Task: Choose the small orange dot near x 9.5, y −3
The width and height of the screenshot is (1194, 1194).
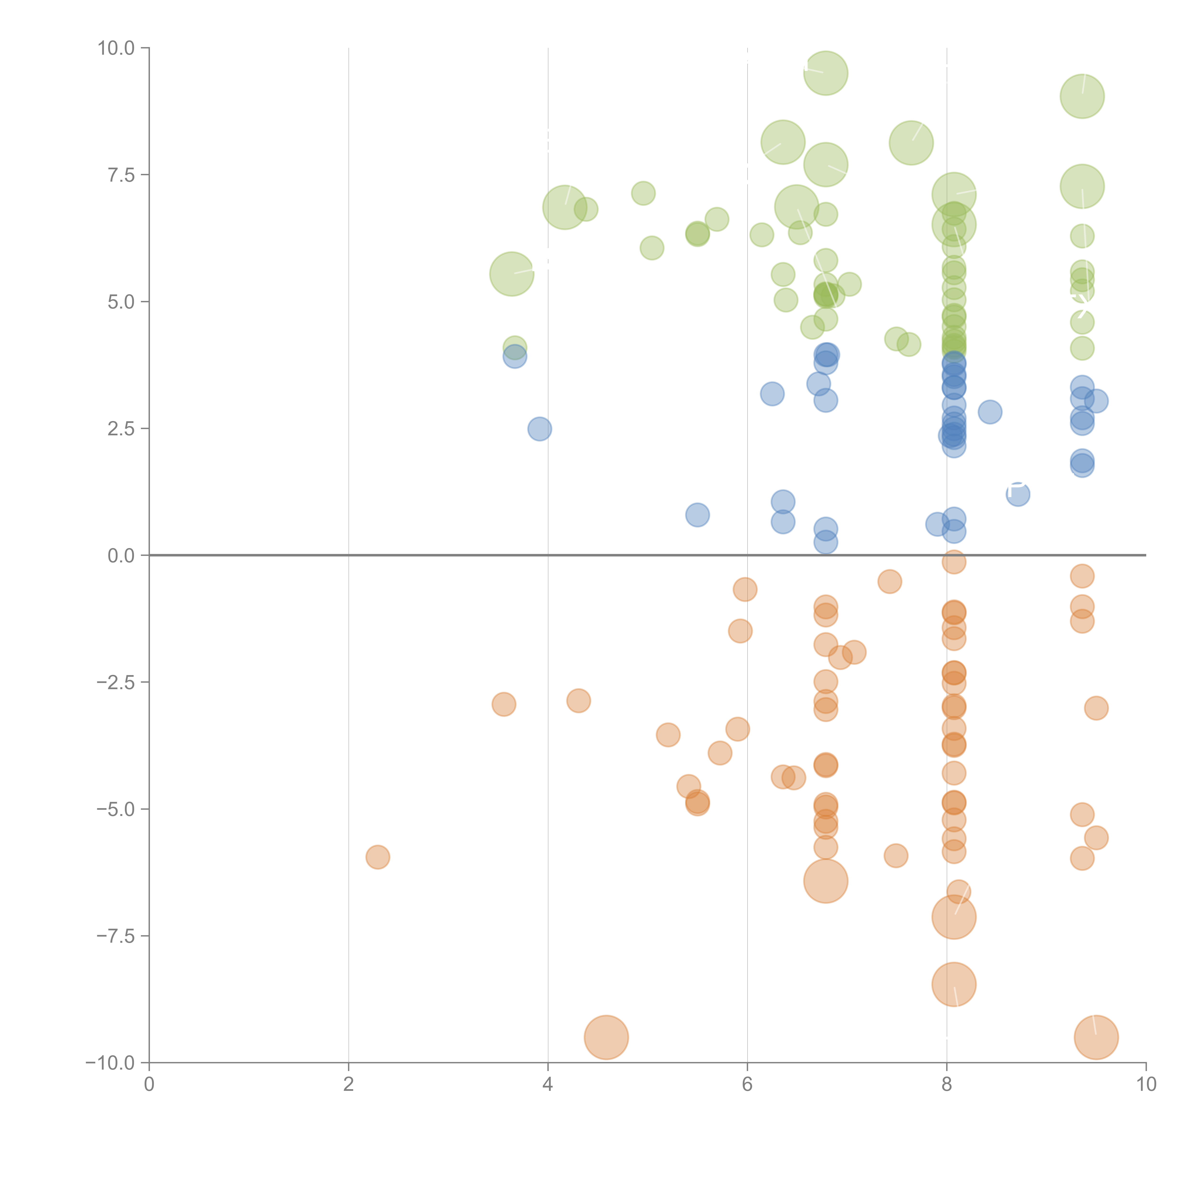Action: (1096, 708)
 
